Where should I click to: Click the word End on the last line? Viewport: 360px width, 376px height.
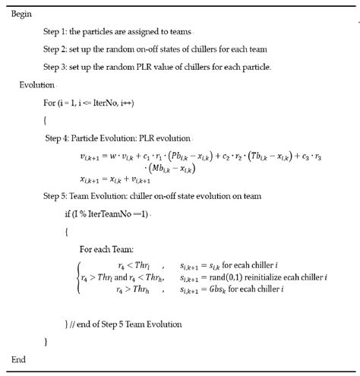point(21,359)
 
